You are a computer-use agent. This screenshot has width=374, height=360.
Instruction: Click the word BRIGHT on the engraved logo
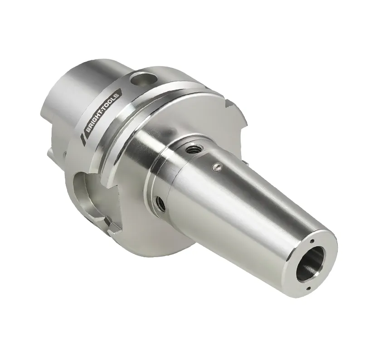[x=94, y=121]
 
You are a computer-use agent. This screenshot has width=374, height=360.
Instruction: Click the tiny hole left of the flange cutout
[x=65, y=154]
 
